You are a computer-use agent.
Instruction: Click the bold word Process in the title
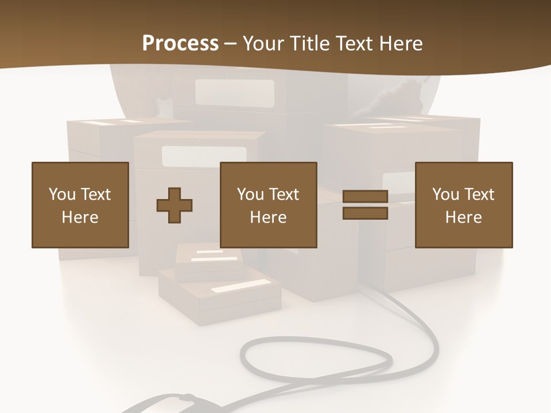(x=180, y=44)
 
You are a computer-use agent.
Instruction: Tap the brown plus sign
(x=174, y=205)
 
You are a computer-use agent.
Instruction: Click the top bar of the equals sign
(x=365, y=196)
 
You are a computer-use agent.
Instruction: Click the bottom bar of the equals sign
(x=365, y=213)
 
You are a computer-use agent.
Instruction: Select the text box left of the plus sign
(x=80, y=205)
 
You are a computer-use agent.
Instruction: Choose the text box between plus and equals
(x=268, y=205)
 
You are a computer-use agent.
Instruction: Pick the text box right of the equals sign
(x=464, y=205)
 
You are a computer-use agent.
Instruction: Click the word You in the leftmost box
(x=62, y=194)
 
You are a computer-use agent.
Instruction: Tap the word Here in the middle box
(x=268, y=217)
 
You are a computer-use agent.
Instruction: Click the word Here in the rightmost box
(x=464, y=217)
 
